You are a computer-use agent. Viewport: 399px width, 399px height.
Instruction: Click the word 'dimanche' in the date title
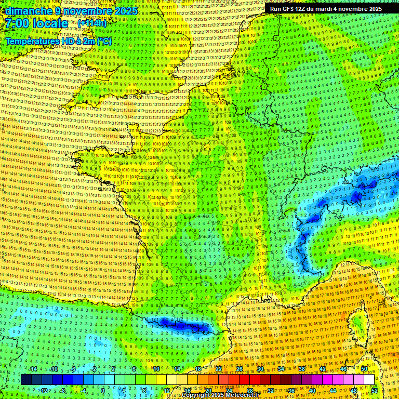pyautogui.click(x=23, y=11)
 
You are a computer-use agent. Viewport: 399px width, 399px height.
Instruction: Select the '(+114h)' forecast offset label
pyautogui.click(x=92, y=23)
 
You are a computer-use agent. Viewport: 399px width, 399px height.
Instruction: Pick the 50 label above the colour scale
pyautogui.click(x=364, y=369)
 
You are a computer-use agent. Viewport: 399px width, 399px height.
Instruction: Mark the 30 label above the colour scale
pyautogui.click(x=260, y=369)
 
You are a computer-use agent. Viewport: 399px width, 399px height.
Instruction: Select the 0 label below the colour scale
pyautogui.click(x=103, y=390)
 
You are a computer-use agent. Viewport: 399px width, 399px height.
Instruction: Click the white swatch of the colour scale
pyautogui.click(x=369, y=380)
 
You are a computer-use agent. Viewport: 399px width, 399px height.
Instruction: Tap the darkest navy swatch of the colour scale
pyautogui.click(x=26, y=380)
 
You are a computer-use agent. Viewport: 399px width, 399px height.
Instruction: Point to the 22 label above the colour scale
pyautogui.click(x=219, y=369)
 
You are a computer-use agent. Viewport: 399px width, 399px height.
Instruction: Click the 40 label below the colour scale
pyautogui.click(x=312, y=390)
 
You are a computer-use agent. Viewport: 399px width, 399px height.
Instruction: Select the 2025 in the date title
pyautogui.click(x=127, y=11)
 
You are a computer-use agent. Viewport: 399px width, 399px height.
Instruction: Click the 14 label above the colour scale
pyautogui.click(x=177, y=369)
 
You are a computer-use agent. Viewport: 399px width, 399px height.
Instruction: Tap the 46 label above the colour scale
pyautogui.click(x=343, y=369)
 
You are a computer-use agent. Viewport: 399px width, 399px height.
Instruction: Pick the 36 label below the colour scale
pyautogui.click(x=291, y=390)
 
